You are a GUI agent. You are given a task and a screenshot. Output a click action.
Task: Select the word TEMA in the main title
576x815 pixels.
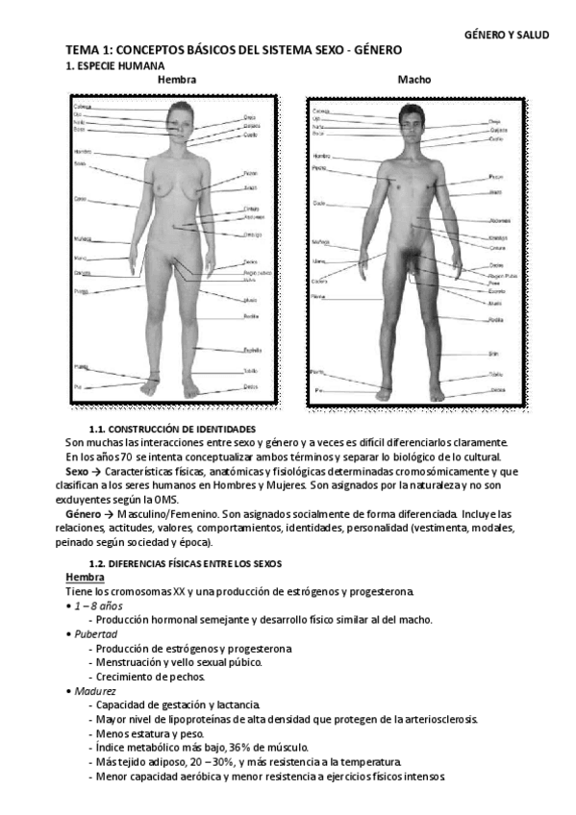(x=82, y=50)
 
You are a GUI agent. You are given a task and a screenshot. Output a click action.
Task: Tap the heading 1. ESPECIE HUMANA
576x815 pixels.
(x=110, y=65)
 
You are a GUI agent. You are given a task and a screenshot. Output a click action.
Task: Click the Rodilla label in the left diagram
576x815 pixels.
(x=252, y=316)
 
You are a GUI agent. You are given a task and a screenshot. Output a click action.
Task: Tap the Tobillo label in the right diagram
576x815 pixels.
(x=496, y=373)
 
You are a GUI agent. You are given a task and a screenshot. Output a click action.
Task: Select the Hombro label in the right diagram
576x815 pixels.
(x=321, y=155)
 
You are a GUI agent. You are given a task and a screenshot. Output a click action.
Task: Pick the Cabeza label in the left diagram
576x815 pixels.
(x=83, y=107)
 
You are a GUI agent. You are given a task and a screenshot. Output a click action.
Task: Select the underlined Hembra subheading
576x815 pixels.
(x=85, y=576)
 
